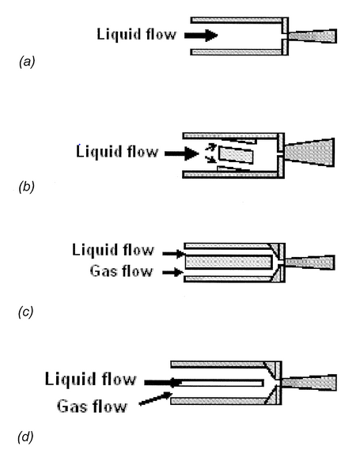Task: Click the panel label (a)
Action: [27, 62]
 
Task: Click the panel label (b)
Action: [26, 187]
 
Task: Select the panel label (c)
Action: [25, 312]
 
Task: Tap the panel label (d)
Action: [25, 437]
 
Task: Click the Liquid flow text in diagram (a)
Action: [136, 35]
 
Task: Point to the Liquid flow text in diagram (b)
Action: [117, 151]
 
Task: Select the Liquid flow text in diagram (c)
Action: [113, 250]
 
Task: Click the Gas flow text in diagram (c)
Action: [121, 270]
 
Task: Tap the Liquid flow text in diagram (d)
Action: [90, 379]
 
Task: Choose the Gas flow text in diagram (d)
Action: [92, 406]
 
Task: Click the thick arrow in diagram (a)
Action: [201, 36]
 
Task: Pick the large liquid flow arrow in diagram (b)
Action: [182, 153]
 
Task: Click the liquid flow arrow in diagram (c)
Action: [173, 253]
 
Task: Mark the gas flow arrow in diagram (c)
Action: [173, 272]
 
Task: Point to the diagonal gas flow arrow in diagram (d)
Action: [155, 399]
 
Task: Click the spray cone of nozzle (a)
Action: [313, 36]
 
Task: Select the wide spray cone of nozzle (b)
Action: [310, 153]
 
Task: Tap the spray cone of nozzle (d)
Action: [309, 383]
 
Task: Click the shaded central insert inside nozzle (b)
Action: [236, 155]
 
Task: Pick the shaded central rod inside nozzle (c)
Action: [229, 262]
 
